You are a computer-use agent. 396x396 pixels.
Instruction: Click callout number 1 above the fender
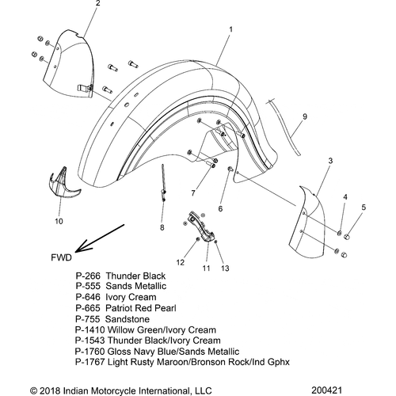[x=230, y=29]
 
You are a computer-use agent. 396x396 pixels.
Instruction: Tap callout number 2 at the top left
[x=98, y=3]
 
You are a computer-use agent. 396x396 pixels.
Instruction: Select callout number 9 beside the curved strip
[x=305, y=116]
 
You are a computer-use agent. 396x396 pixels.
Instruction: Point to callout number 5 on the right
[x=364, y=208]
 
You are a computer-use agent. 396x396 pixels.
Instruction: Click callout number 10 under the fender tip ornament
[x=59, y=221]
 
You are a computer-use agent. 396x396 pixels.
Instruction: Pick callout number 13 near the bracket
[x=225, y=268]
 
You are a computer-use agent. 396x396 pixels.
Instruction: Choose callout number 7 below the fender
[x=193, y=193]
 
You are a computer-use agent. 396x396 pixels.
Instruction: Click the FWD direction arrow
[x=100, y=238]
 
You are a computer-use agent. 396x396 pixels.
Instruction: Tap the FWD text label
[x=61, y=257]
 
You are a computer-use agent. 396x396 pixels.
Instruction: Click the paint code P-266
[x=88, y=276]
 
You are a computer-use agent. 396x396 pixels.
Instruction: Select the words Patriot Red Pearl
[x=141, y=308]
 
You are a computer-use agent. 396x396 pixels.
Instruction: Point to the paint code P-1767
[x=90, y=362]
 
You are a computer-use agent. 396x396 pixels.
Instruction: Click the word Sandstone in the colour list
[x=128, y=319]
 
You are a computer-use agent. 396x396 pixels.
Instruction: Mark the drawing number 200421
[x=326, y=390]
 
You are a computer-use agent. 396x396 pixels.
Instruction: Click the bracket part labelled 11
[x=201, y=227]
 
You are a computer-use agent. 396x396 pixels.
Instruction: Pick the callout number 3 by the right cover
[x=330, y=161]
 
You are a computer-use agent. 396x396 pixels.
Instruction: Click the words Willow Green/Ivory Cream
[x=162, y=330]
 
